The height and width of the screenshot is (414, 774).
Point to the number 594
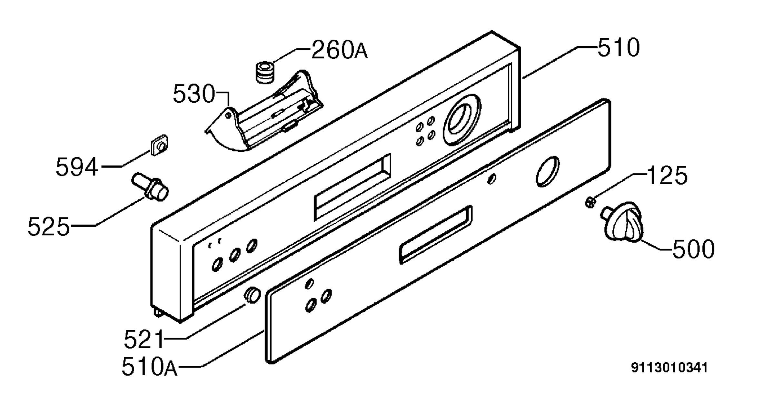(x=77, y=167)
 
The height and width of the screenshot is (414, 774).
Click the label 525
(x=49, y=226)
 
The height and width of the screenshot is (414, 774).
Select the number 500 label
(x=693, y=249)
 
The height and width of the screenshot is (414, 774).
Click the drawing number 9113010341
(x=669, y=368)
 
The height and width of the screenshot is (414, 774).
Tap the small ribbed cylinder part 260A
(x=266, y=73)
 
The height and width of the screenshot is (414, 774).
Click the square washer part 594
(x=160, y=145)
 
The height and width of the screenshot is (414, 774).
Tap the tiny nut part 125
(x=590, y=203)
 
